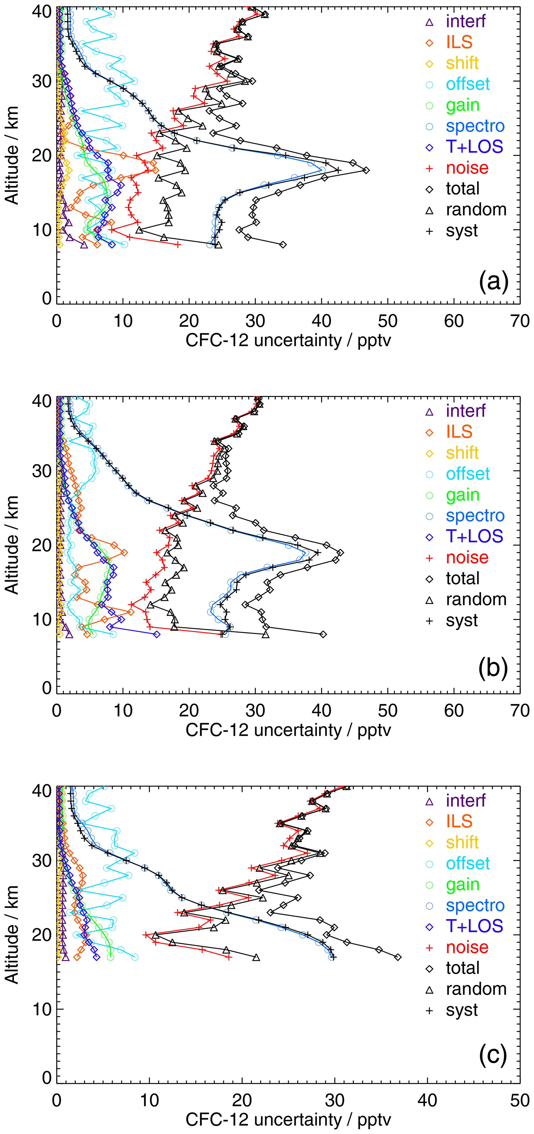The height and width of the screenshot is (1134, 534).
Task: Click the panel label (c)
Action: [493, 1056]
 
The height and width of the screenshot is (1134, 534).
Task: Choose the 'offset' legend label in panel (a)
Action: [468, 84]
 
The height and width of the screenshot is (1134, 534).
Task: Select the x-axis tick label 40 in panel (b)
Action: [322, 710]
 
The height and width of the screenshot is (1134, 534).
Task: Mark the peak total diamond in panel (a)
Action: [366, 170]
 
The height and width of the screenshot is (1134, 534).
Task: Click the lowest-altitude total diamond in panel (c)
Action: [398, 957]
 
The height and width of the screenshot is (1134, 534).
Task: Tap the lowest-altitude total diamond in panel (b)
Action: [323, 634]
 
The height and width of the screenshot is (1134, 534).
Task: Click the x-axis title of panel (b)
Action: [288, 730]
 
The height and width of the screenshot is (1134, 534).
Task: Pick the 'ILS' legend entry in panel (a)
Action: [459, 42]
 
